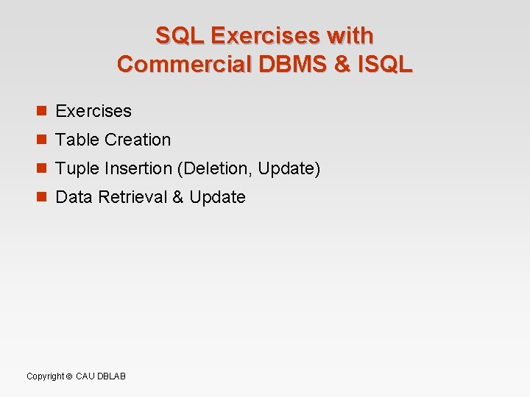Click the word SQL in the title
coord(180,35)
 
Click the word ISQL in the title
coord(384,64)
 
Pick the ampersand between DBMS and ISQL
coord(342,64)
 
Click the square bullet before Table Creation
coord(42,140)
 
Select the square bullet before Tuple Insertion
coord(42,168)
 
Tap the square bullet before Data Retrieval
coord(42,197)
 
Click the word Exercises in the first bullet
coord(93,111)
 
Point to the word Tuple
coord(77,168)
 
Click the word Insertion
coord(138,168)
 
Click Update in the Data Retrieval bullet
coord(217,197)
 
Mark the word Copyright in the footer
coord(45,376)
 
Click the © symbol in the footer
coord(69,376)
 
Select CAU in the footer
coord(85,376)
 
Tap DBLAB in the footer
coord(112,376)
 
